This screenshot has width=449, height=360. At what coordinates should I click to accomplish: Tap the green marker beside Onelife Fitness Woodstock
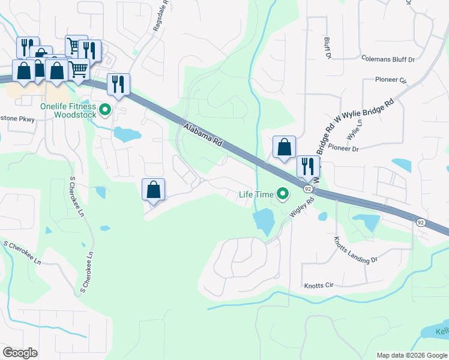tap(106, 109)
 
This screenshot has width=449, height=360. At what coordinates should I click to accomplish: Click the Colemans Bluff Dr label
tap(388, 59)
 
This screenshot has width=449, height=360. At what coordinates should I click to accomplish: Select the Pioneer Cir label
tap(391, 80)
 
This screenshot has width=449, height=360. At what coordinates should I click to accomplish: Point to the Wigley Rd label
tap(302, 208)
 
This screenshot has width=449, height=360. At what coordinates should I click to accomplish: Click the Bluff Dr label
tap(328, 48)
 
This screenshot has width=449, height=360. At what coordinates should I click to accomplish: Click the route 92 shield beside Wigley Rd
tap(308, 188)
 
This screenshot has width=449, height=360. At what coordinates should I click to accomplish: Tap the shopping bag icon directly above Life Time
tap(284, 147)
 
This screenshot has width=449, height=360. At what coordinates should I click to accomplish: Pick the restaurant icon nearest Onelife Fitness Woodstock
tap(118, 84)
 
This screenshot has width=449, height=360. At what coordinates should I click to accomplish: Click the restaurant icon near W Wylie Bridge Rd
tap(308, 166)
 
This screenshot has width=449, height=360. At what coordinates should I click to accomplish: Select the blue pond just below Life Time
tap(264, 221)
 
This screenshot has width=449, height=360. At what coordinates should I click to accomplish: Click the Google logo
tap(20, 353)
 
